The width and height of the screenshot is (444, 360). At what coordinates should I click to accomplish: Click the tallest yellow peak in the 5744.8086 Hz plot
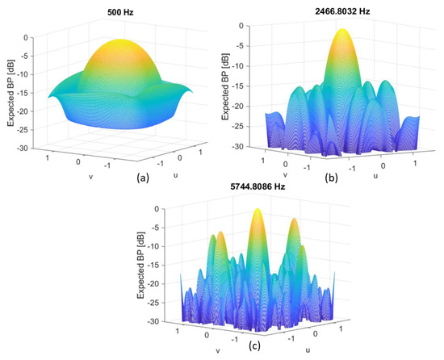pyautogui.click(x=258, y=215)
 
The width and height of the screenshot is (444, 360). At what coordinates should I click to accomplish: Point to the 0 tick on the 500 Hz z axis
pyautogui.click(x=30, y=37)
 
